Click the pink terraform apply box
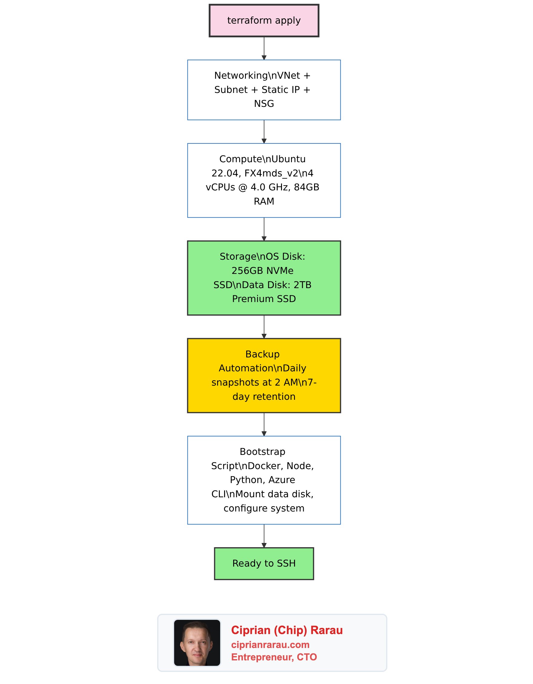point(264,21)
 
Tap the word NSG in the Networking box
point(264,104)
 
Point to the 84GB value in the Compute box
point(306,187)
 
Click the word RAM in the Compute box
point(264,201)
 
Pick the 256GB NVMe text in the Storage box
point(262,271)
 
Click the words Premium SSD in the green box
point(264,299)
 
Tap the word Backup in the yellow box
point(262,354)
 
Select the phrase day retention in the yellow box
point(264,396)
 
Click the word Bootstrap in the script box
point(262,452)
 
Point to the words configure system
point(264,508)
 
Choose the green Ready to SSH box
point(264,564)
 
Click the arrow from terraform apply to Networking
point(264,48)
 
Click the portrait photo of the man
point(197,643)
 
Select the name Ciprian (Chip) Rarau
point(287,630)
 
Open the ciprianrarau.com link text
point(270,645)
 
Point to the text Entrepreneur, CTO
point(274,657)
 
